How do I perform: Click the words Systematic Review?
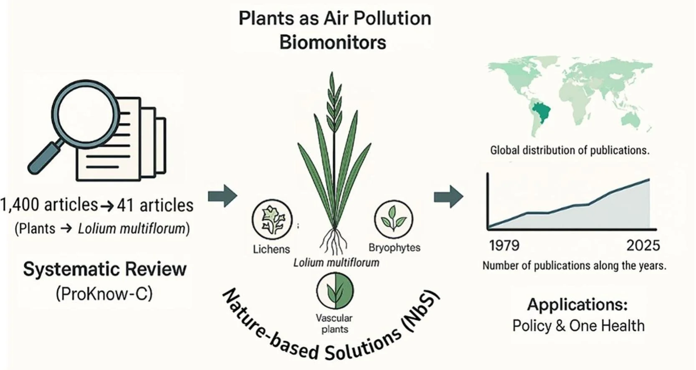point(104,269)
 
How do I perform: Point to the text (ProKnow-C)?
point(104,294)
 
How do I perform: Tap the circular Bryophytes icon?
point(393,219)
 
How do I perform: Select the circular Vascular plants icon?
point(335,290)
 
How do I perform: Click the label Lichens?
point(271,249)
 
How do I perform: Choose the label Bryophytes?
point(394,248)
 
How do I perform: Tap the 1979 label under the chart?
point(504,246)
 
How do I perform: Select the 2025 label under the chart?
point(643,246)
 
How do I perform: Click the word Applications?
point(577,304)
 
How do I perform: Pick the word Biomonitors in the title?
point(332,43)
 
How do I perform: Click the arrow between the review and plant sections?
point(223,195)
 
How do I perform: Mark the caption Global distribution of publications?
point(569,150)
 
